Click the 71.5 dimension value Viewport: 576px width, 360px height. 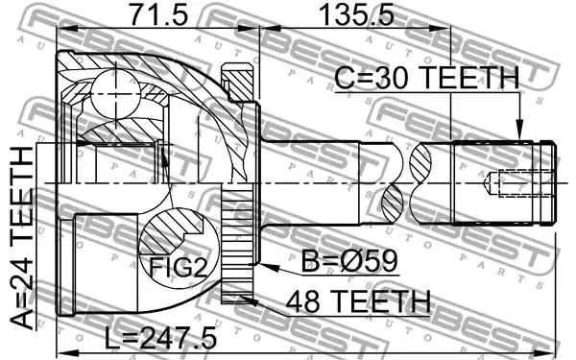click(159, 14)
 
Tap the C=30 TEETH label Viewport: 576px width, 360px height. click(427, 78)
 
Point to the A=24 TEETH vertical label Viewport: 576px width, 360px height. click(21, 237)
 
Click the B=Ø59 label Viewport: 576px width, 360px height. click(349, 261)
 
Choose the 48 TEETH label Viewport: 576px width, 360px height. click(358, 300)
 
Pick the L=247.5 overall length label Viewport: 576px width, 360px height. click(160, 339)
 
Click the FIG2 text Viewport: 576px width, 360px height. click(178, 267)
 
